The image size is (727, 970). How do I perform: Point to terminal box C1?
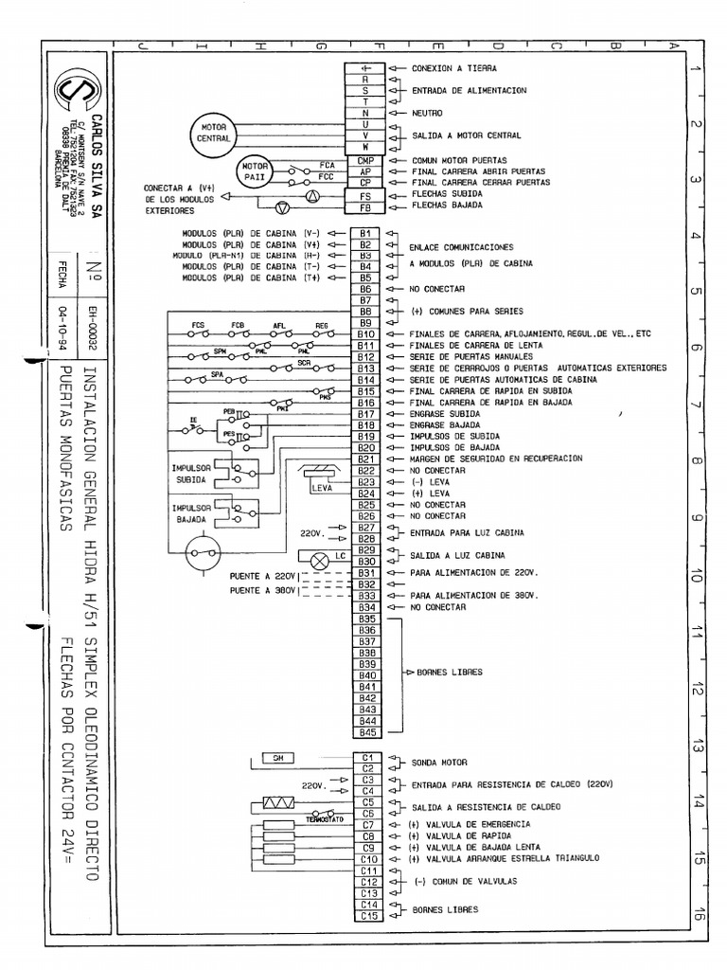point(368,757)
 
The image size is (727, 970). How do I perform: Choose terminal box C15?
point(368,915)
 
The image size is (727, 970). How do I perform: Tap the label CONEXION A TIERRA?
point(453,69)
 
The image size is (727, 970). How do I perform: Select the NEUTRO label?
point(427,113)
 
